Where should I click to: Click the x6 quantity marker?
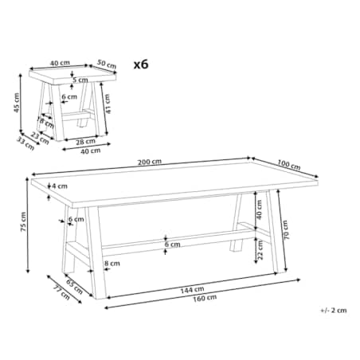[x=141, y=65]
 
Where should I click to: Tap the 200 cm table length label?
[x=150, y=162]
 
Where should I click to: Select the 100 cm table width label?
[x=289, y=165]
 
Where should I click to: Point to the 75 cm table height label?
[x=23, y=221]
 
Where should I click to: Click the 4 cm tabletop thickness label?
[x=60, y=186]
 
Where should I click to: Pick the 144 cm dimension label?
[x=193, y=290]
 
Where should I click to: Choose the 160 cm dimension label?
[x=205, y=299]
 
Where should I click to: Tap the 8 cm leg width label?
[x=112, y=264]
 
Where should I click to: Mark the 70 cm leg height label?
[x=286, y=230]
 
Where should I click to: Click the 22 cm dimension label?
[x=260, y=250]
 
